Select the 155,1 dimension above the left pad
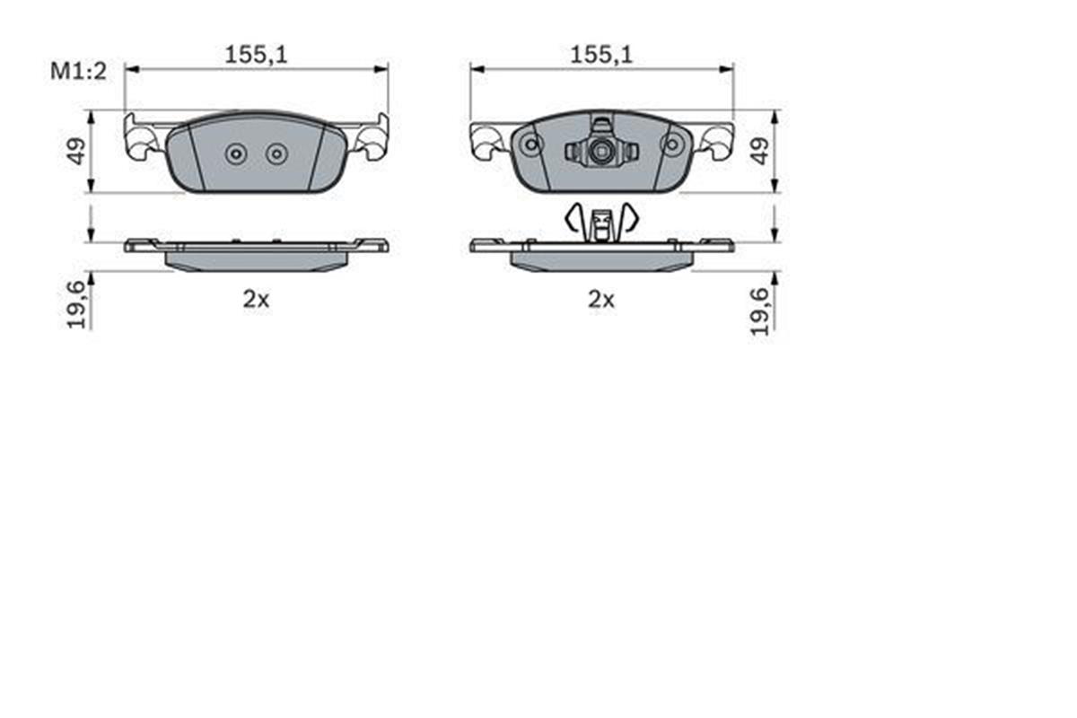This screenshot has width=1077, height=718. click(256, 55)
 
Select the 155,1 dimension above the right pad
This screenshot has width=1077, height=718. click(601, 55)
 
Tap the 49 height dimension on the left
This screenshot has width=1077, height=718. click(78, 150)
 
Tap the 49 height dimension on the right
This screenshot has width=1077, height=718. click(760, 150)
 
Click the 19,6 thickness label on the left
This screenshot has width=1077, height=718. click(78, 303)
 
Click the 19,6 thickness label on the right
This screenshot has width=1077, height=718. click(760, 310)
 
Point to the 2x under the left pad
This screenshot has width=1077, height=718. click(256, 301)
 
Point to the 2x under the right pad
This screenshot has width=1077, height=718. click(601, 301)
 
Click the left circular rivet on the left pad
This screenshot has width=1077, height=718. click(236, 154)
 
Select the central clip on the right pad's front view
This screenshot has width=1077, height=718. click(601, 150)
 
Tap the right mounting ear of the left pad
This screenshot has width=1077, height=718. click(372, 139)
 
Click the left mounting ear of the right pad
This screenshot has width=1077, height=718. click(486, 139)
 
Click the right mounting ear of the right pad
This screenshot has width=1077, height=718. click(717, 139)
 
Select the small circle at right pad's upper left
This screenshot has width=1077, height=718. click(531, 144)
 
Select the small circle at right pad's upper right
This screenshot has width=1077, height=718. click(671, 144)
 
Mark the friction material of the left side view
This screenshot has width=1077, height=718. click(256, 260)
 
